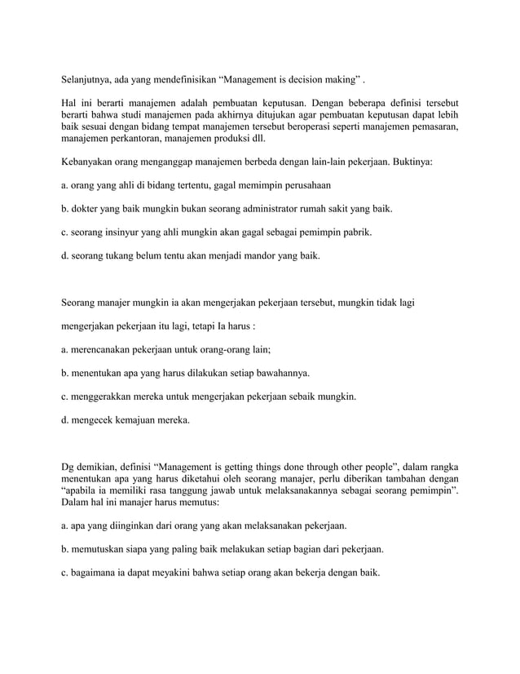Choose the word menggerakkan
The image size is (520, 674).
point(110,398)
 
